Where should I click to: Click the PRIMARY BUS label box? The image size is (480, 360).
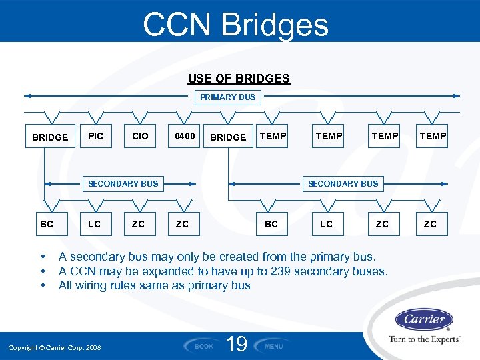tap(227, 97)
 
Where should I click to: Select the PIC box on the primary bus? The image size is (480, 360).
tap(95, 137)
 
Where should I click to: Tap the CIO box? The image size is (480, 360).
tap(140, 137)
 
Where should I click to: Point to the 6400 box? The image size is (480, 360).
tap(185, 137)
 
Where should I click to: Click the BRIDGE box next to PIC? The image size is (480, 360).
tap(50, 137)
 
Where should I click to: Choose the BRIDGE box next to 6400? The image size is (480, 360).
tap(228, 137)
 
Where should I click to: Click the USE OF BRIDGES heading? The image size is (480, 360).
tap(239, 79)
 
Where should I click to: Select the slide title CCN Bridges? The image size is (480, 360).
tap(235, 25)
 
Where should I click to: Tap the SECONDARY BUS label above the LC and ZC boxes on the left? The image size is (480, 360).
tap(123, 183)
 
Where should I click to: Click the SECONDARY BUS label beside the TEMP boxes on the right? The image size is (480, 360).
tap(343, 183)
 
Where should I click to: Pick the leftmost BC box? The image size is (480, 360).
tap(47, 224)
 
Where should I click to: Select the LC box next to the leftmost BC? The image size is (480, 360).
tap(95, 224)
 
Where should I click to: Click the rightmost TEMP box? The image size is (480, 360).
tap(433, 137)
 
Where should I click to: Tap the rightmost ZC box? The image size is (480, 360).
tap(430, 224)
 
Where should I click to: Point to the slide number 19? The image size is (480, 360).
tap(237, 345)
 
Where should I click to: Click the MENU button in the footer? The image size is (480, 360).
tap(274, 346)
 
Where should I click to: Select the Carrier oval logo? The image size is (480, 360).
tap(424, 319)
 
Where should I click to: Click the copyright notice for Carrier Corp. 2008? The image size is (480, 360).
tap(55, 348)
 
